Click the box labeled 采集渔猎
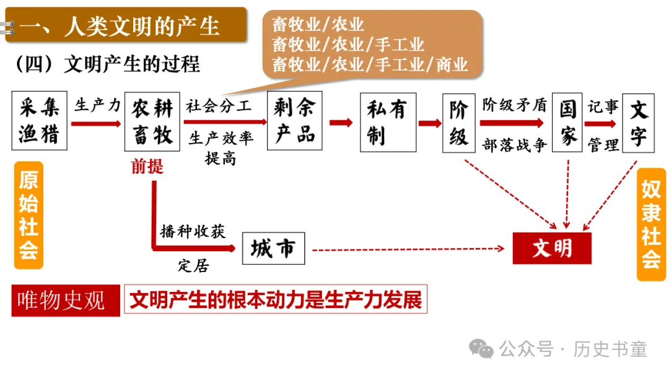click(x=38, y=121)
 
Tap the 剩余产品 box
click(x=295, y=121)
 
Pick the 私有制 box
click(x=388, y=122)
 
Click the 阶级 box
click(x=458, y=122)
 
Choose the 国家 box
click(x=567, y=122)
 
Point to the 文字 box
click(x=638, y=122)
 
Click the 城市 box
click(x=273, y=249)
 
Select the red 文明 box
click(x=552, y=249)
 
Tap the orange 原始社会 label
click(x=28, y=215)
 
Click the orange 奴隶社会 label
click(x=651, y=224)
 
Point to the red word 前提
click(x=147, y=166)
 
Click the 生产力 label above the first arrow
click(x=97, y=105)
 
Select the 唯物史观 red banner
click(x=65, y=301)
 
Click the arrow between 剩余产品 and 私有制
click(x=341, y=122)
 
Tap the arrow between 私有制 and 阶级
click(x=429, y=122)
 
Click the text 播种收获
click(x=192, y=231)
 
